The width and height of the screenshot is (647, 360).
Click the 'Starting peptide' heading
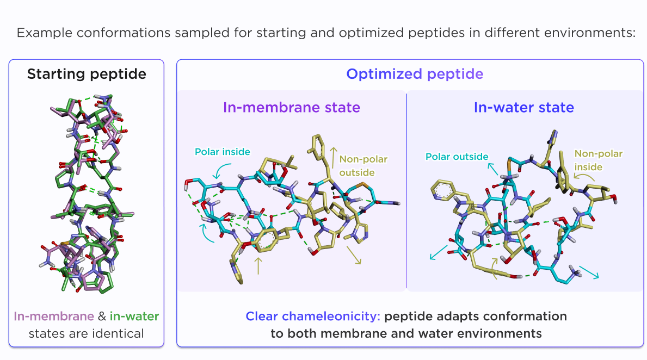coord(87,74)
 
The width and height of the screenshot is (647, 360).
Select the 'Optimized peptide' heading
coord(415,74)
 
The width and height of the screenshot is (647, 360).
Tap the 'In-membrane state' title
coord(292,108)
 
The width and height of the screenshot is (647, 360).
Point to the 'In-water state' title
coord(523,108)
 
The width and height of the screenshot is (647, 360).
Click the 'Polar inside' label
coord(224,152)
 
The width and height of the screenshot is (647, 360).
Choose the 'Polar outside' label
coord(457,157)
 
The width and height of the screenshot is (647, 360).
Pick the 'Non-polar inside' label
coord(598,160)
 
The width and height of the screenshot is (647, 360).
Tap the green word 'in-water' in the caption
coord(134,316)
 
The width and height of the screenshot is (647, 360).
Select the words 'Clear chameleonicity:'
coord(312,316)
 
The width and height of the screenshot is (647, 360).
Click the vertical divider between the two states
coord(406,190)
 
